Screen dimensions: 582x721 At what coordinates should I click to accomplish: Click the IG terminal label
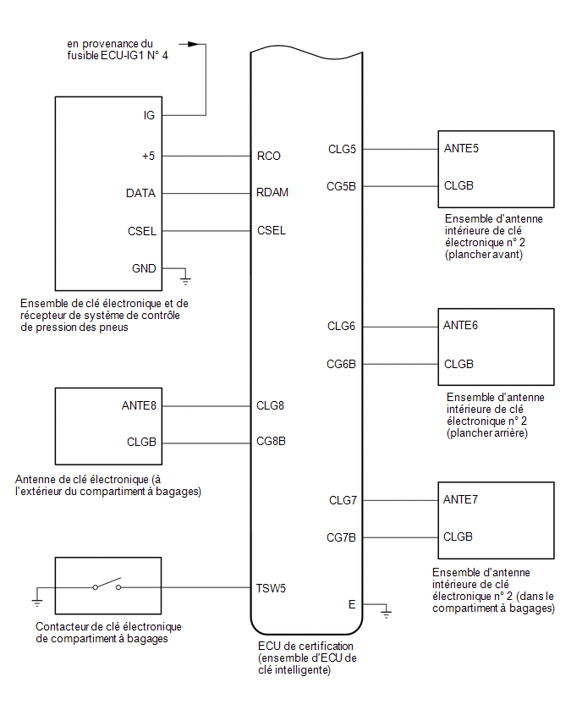(149, 115)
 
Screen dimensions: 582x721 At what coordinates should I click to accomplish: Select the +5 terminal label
(149, 157)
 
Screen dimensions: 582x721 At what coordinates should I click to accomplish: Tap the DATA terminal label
(140, 193)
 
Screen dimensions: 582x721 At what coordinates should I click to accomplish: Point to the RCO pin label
(268, 157)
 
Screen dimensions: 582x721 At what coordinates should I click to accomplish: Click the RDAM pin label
(272, 192)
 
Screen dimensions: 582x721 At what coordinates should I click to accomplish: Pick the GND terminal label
(144, 268)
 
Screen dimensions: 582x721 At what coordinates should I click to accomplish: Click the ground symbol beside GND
(185, 278)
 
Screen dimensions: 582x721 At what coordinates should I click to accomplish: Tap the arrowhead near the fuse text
(193, 44)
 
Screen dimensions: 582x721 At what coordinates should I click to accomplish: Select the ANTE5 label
(461, 149)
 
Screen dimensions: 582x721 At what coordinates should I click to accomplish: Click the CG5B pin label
(341, 187)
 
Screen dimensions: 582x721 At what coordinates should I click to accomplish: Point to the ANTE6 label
(460, 326)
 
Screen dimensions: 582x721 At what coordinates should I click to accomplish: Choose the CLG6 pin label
(341, 326)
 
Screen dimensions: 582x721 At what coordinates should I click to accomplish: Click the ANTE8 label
(139, 405)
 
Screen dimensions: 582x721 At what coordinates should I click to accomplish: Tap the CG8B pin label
(271, 442)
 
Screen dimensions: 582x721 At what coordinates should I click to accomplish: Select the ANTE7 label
(460, 500)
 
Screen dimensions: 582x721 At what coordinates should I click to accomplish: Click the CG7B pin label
(341, 537)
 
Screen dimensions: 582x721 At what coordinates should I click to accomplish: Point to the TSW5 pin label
(271, 589)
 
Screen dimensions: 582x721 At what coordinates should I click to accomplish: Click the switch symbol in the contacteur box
(107, 584)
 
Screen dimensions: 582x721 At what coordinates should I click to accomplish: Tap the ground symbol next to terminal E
(386, 612)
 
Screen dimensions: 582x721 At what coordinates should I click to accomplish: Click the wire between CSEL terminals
(206, 231)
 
